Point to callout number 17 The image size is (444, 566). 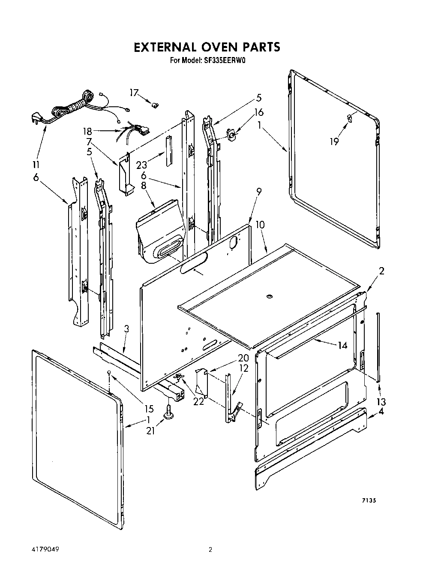135,93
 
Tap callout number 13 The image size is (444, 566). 381,402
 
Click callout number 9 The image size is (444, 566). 259,192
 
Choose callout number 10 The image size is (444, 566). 260,224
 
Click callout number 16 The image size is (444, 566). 258,112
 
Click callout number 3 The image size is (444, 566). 126,329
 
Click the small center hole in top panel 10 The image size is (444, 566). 270,296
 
